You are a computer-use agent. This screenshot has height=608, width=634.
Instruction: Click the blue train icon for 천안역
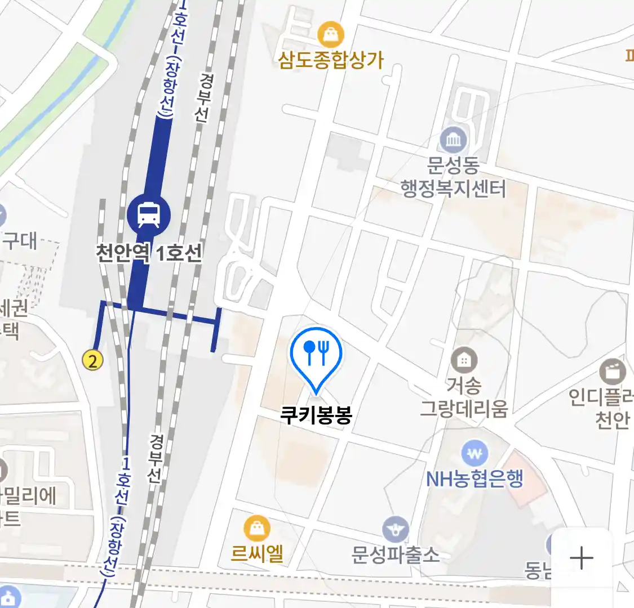148,214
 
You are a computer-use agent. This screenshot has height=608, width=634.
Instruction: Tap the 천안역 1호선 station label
149,253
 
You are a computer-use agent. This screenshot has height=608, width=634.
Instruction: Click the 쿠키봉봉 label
316,415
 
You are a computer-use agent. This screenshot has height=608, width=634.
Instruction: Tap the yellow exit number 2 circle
93,360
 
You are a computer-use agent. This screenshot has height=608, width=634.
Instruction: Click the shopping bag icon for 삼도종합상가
331,35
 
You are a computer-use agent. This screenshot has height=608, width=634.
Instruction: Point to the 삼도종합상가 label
331,60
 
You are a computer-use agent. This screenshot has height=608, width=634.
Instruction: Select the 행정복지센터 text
454,188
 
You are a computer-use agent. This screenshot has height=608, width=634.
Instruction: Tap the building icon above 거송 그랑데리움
464,360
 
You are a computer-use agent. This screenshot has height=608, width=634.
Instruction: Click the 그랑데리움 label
464,408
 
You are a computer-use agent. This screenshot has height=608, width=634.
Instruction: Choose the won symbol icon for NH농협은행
475,453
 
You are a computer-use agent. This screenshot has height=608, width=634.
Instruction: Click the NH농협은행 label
475,479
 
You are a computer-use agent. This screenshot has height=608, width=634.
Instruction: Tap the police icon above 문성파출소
396,530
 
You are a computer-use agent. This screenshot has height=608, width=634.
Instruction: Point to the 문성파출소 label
395,555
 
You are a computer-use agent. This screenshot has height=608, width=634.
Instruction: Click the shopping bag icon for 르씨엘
257,529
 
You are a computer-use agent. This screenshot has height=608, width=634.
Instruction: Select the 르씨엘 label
257,554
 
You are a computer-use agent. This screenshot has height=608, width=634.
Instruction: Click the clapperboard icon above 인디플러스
613,372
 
